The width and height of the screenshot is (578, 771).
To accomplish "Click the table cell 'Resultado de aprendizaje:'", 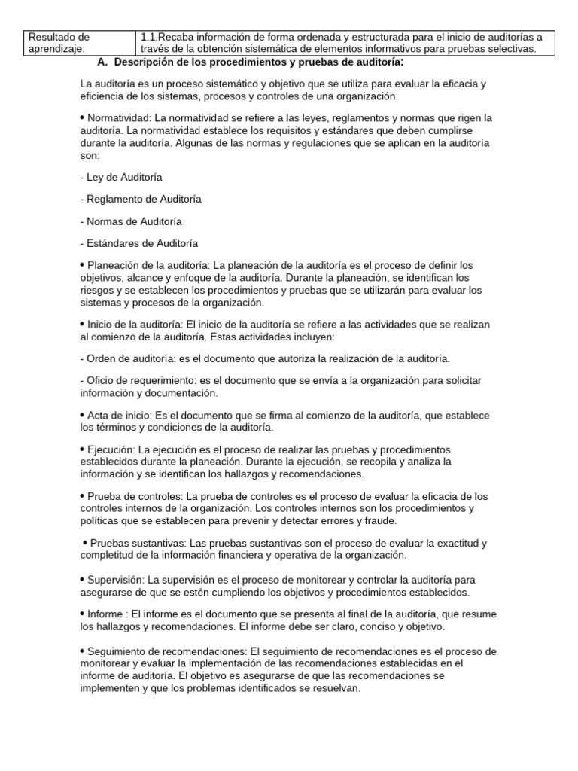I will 59,43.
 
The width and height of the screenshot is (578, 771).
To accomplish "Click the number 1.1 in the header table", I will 149,37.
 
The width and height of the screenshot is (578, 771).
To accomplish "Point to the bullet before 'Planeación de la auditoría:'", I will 82,264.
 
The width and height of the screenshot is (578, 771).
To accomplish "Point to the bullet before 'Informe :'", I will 82,614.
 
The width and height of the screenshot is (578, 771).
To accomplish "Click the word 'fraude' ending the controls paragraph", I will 380,520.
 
